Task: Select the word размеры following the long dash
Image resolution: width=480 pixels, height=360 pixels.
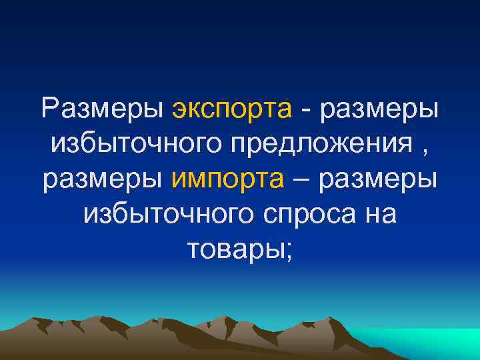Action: point(381,179)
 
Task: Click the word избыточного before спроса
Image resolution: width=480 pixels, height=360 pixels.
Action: point(169,214)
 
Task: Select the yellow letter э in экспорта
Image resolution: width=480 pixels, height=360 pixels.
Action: point(179,110)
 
